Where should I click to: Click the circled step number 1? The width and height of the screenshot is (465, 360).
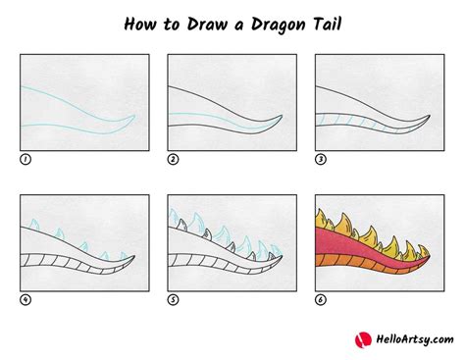26,158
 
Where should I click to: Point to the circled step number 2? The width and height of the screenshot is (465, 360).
173,158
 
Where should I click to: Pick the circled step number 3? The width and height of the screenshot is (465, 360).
320,158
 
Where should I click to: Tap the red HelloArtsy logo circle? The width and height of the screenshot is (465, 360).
361,338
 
